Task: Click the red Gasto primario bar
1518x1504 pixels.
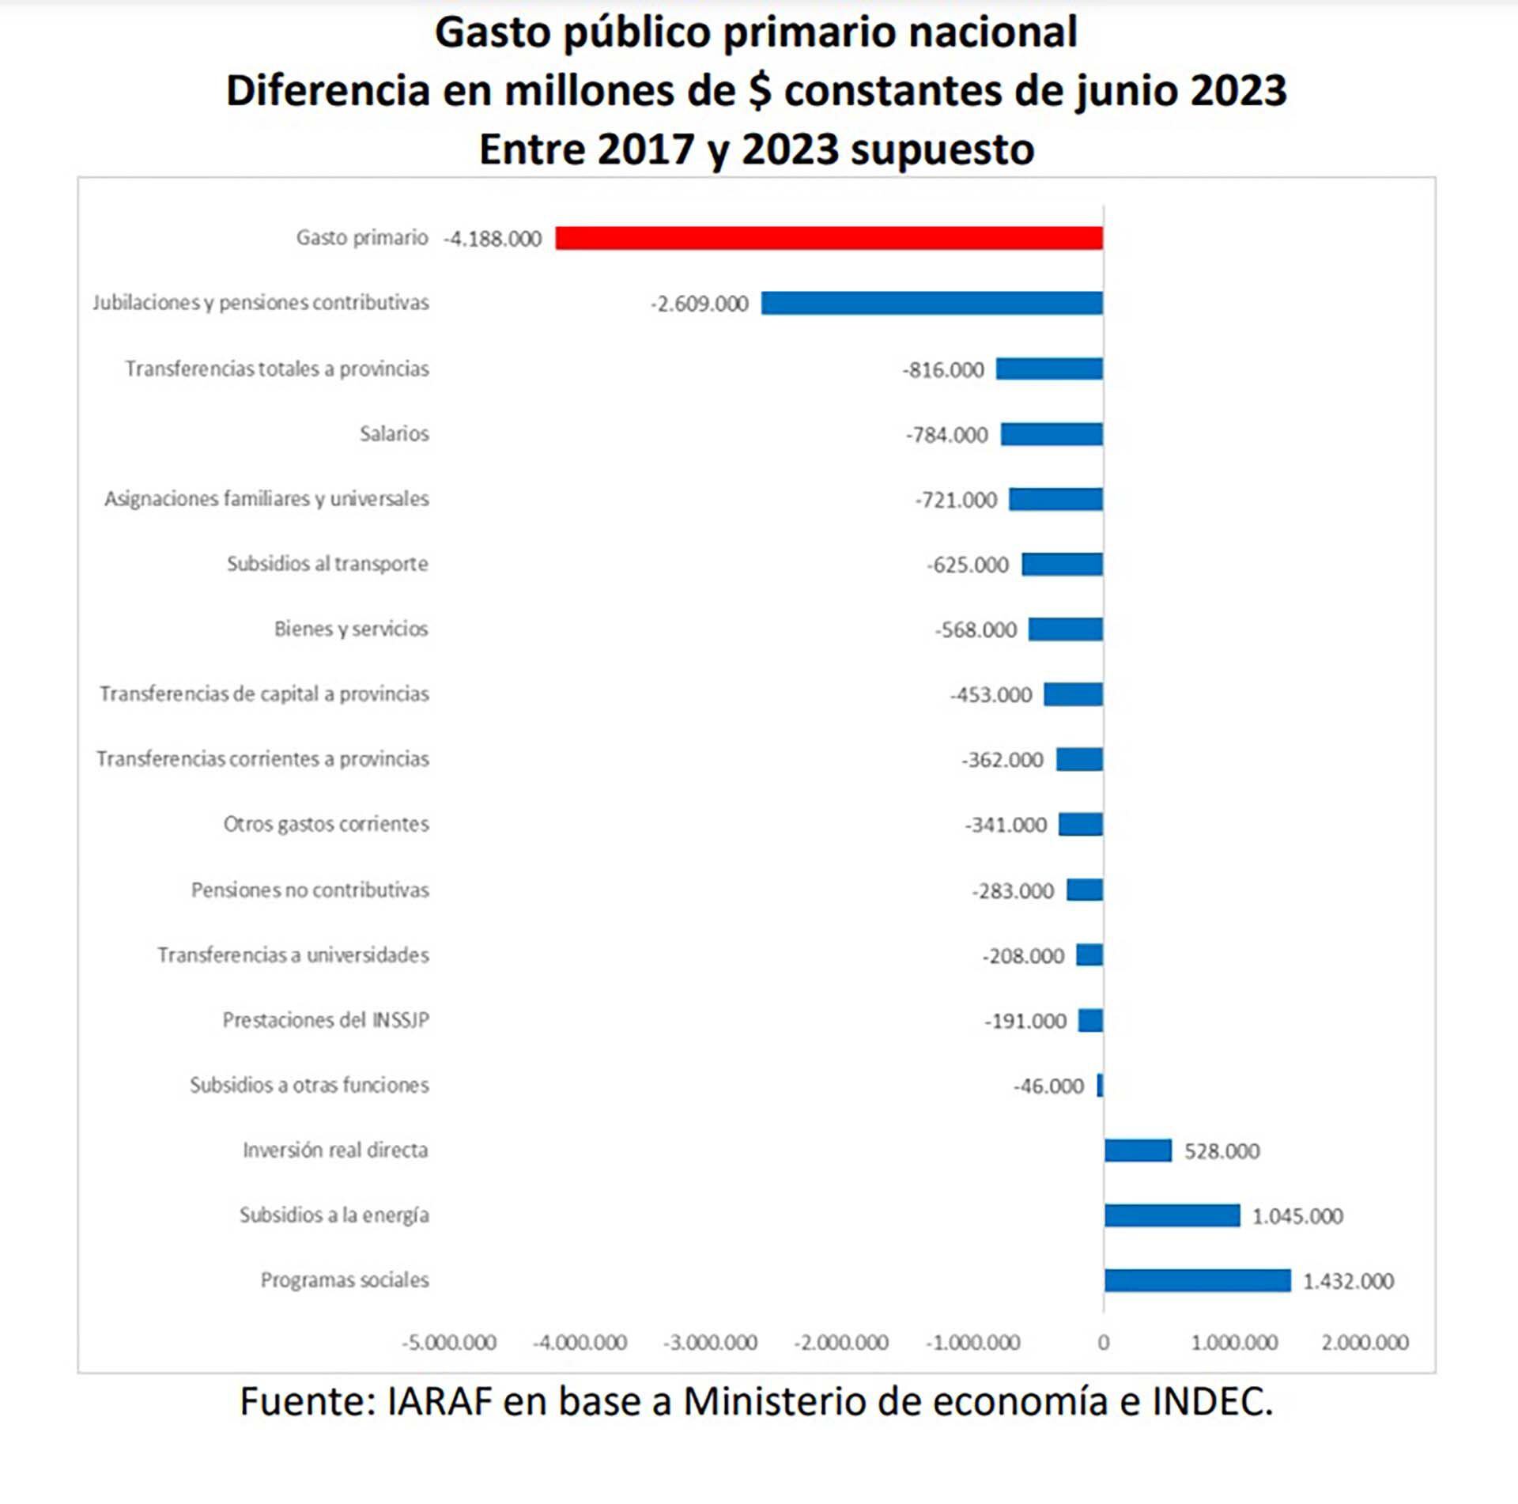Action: click(x=829, y=238)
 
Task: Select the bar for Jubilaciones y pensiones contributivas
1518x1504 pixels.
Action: click(x=931, y=303)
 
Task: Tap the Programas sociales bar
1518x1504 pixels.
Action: click(x=1197, y=1280)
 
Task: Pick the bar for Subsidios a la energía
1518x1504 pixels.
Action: click(x=1172, y=1215)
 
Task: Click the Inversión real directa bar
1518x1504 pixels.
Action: click(x=1138, y=1151)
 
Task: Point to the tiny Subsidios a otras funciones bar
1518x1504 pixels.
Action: click(x=1100, y=1086)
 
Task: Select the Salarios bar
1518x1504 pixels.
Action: click(x=1052, y=434)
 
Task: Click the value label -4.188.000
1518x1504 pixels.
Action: click(x=493, y=239)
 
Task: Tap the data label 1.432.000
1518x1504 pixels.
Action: click(x=1348, y=1281)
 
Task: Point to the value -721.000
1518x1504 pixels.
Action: click(x=957, y=500)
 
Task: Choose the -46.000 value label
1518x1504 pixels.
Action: click(x=1049, y=1086)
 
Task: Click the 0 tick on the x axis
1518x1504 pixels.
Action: click(x=1104, y=1343)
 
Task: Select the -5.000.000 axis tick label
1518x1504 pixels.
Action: click(x=449, y=1343)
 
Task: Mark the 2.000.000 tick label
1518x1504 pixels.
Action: click(x=1365, y=1343)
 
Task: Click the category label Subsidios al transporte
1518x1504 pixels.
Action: click(x=327, y=564)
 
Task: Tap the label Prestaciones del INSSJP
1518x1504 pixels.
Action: click(x=326, y=1020)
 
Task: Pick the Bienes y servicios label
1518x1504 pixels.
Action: click(x=351, y=629)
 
